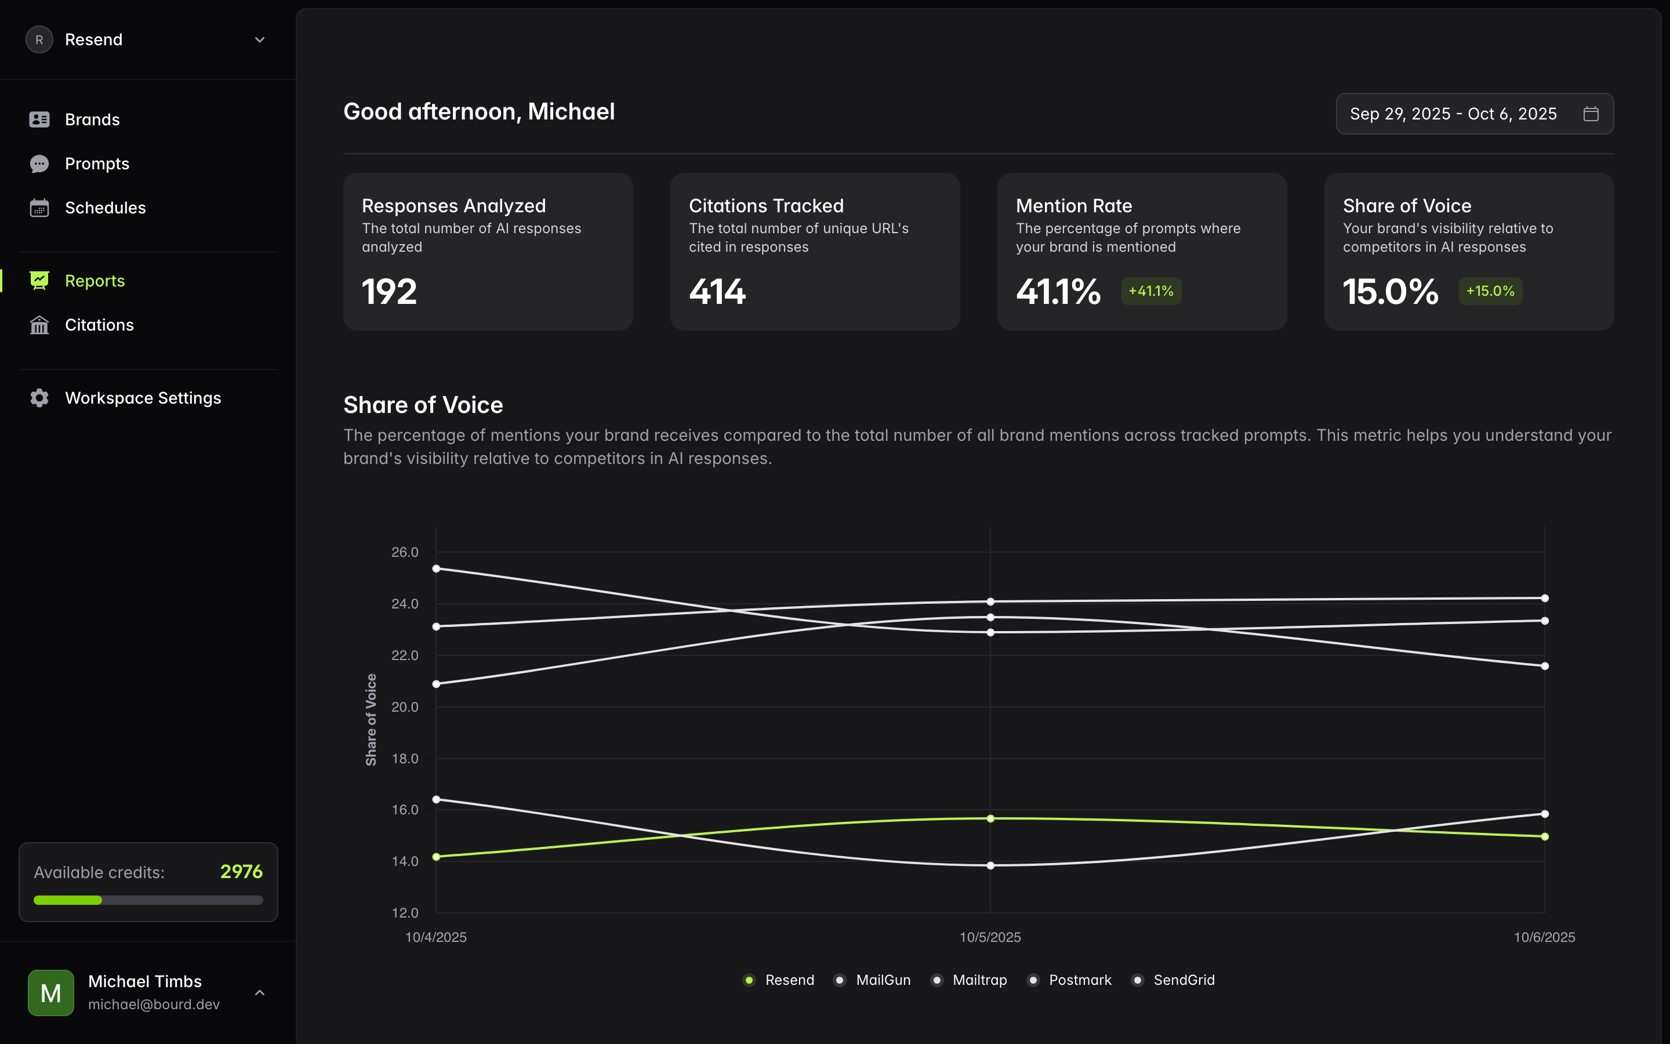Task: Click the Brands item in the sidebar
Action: [x=92, y=119]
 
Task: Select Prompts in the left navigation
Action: [x=97, y=164]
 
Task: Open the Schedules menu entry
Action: [x=105, y=208]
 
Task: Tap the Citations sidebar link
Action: [x=99, y=325]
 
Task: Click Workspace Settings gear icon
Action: [x=39, y=398]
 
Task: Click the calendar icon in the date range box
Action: [x=1591, y=114]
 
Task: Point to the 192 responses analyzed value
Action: [x=389, y=292]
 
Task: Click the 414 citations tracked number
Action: [x=717, y=292]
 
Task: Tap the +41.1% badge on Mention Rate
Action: [x=1150, y=291]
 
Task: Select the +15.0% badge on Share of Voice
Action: [x=1490, y=291]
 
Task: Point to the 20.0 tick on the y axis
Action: [x=405, y=707]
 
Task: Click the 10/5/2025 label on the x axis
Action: [x=990, y=937]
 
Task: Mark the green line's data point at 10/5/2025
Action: [x=990, y=819]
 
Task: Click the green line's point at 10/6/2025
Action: [x=1544, y=837]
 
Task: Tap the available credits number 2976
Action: [x=241, y=872]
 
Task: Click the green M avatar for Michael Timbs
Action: [x=51, y=993]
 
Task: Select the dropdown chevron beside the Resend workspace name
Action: [x=259, y=40]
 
